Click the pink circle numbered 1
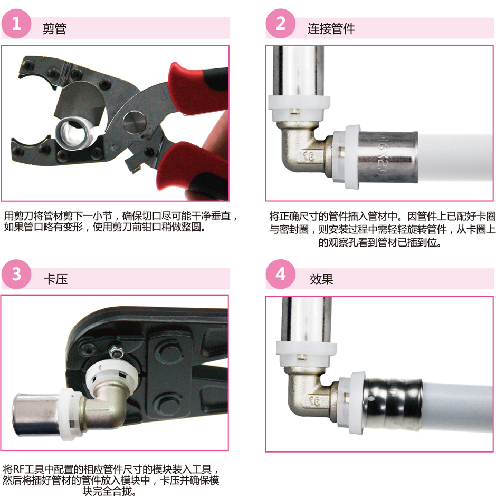[16, 24]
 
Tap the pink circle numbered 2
[280, 24]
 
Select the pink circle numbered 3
[16, 274]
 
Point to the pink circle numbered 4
[280, 274]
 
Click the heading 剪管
[54, 29]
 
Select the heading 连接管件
[331, 29]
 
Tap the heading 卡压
[56, 279]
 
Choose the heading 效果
[321, 279]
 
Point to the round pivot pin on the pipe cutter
[135, 122]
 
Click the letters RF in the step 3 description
[19, 469]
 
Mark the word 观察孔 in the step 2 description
[343, 242]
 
